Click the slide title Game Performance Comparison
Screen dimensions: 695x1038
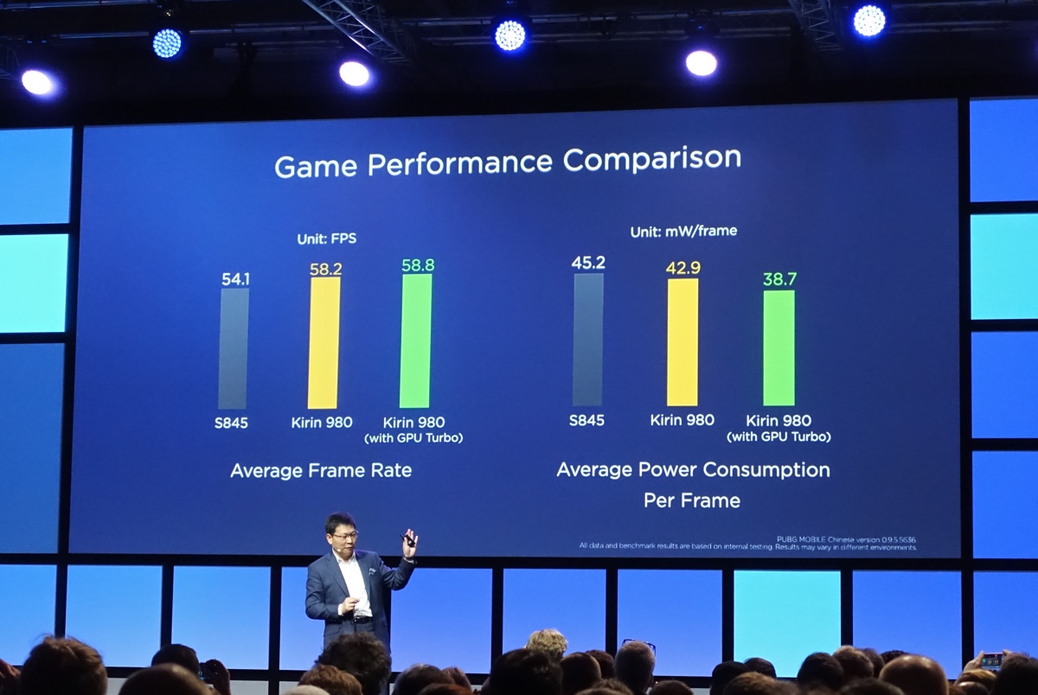click(x=508, y=162)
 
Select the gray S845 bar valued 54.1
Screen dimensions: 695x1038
click(x=234, y=347)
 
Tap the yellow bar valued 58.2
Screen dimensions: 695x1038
click(x=324, y=342)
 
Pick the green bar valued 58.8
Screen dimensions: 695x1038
click(x=416, y=341)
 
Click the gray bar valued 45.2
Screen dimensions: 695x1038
click(x=588, y=339)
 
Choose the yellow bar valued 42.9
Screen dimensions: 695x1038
click(x=682, y=341)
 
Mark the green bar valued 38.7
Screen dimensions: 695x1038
click(x=778, y=347)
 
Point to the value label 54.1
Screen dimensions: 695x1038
click(x=234, y=278)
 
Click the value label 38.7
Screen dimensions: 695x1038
click(x=779, y=279)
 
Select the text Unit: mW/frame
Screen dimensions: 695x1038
click(x=683, y=232)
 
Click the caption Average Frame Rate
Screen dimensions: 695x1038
click(x=321, y=471)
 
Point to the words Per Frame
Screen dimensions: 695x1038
click(x=692, y=501)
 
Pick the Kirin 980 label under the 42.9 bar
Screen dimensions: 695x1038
click(x=682, y=420)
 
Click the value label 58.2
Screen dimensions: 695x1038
click(x=325, y=269)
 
